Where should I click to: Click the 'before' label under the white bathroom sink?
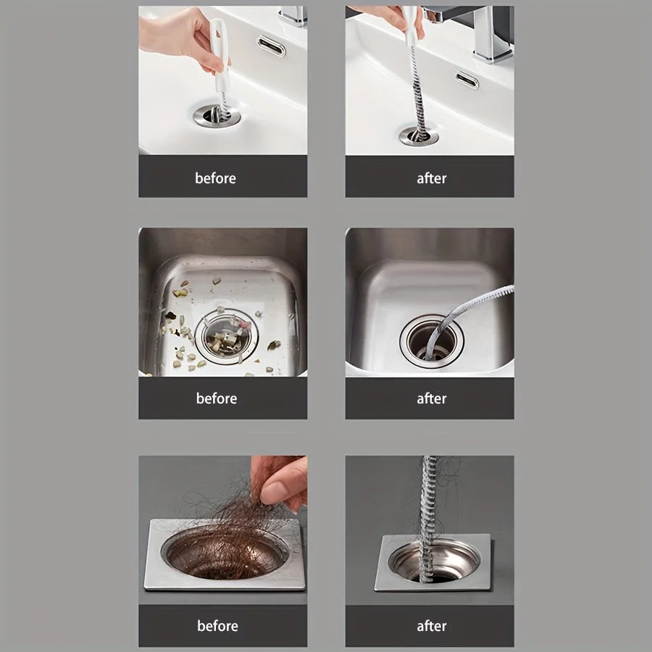point(215,178)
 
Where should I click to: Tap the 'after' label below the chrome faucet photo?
point(431,178)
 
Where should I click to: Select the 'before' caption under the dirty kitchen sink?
point(216,398)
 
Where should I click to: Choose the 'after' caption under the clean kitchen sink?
point(431,398)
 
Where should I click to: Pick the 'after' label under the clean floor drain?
point(431,626)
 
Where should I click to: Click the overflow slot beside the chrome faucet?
point(467,80)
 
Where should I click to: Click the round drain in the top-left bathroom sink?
point(217,115)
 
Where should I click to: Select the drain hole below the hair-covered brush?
point(419,135)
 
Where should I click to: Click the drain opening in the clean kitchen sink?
point(430,341)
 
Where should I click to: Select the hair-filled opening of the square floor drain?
point(225,554)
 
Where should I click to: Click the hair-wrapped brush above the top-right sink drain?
point(416,87)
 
